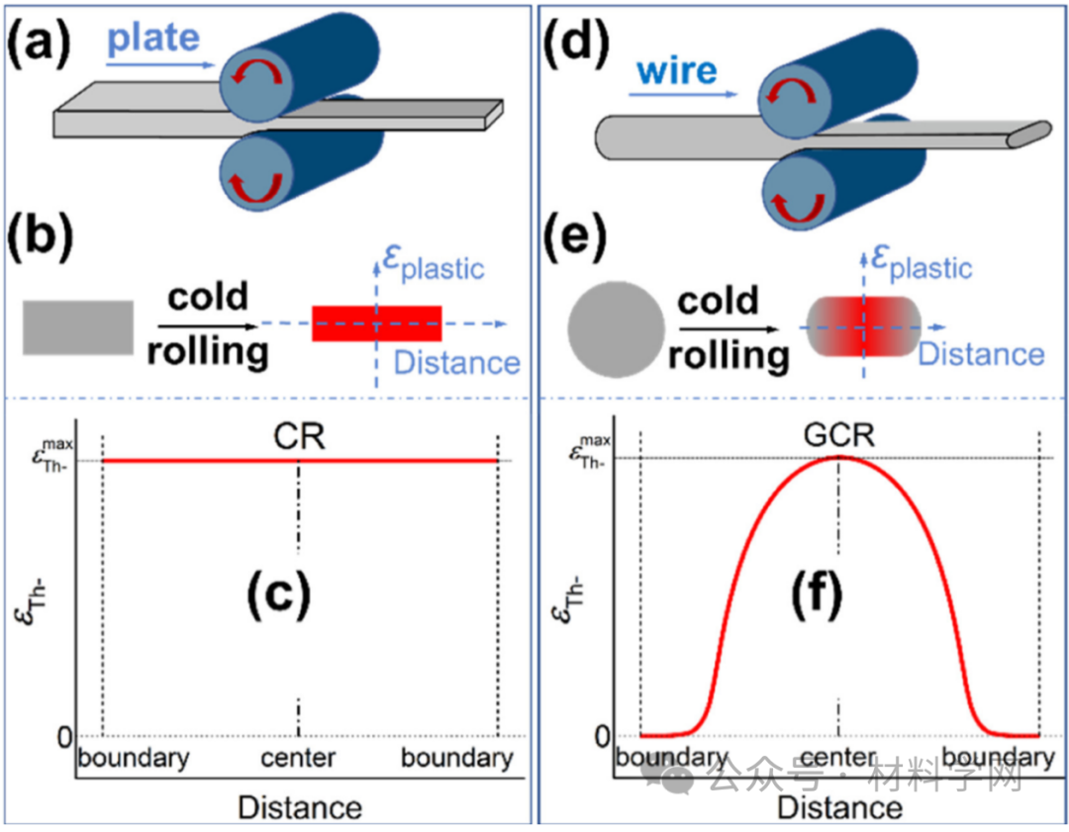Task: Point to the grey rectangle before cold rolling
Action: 77,327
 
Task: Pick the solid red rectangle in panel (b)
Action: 376,323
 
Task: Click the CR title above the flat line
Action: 298,436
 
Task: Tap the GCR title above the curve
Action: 839,436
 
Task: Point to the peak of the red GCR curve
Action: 839,457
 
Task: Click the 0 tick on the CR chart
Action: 64,737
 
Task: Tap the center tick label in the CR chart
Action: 298,759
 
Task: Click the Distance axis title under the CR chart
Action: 299,807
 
